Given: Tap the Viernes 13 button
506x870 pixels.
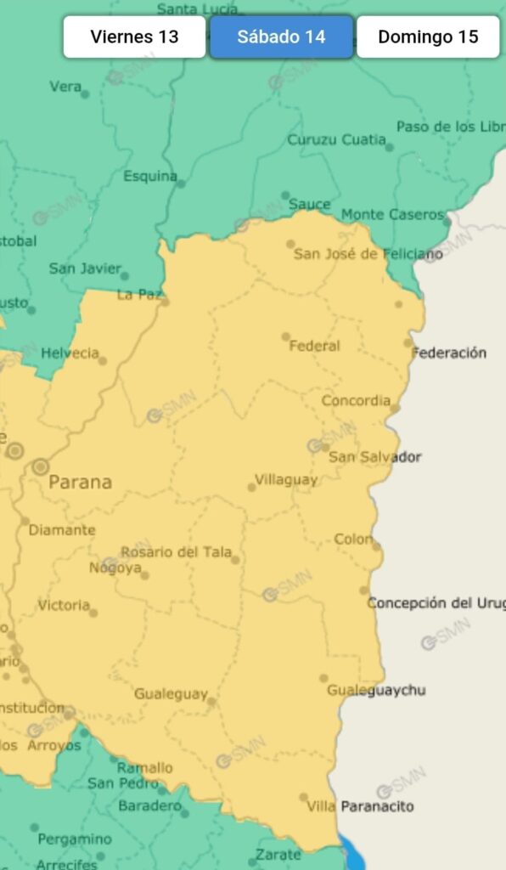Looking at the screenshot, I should [134, 37].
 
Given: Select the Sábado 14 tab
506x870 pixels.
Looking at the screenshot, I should [281, 37].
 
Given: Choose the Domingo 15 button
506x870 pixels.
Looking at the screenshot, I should [428, 37].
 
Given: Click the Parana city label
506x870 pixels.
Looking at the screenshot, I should [80, 483].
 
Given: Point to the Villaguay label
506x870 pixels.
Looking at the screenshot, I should [286, 479].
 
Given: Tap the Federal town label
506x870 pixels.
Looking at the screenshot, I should [314, 346].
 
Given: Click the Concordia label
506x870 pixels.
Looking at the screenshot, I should [356, 400].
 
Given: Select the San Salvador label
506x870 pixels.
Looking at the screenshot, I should [374, 457].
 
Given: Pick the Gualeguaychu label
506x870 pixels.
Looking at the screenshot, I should [376, 690].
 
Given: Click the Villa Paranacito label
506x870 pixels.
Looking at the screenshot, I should [360, 805].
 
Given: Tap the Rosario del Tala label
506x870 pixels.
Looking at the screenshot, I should [176, 552].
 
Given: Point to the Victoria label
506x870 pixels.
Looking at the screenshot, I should [64, 606].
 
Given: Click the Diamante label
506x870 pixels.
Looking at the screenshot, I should [62, 530].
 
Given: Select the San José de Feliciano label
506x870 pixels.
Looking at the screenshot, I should [368, 253].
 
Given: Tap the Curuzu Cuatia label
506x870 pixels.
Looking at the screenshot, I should [336, 140].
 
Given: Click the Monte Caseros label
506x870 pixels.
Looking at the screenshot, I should [392, 215].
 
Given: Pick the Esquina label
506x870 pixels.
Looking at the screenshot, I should [150, 177].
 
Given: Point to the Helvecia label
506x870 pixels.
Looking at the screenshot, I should [70, 353].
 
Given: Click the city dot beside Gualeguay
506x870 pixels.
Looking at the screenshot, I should [211, 702].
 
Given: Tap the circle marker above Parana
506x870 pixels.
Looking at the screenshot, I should [41, 466].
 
